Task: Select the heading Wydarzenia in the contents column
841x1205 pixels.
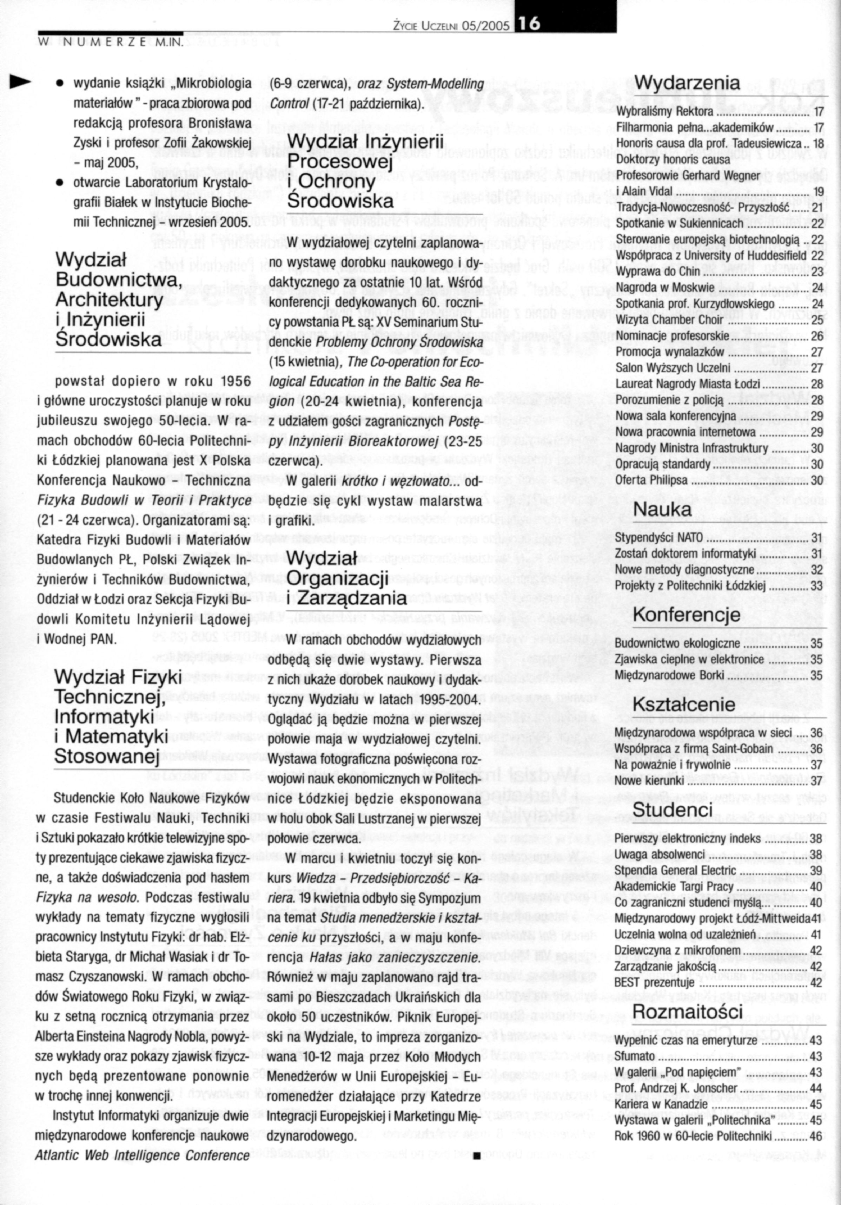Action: (x=687, y=83)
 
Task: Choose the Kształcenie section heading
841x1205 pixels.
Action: (x=684, y=704)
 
